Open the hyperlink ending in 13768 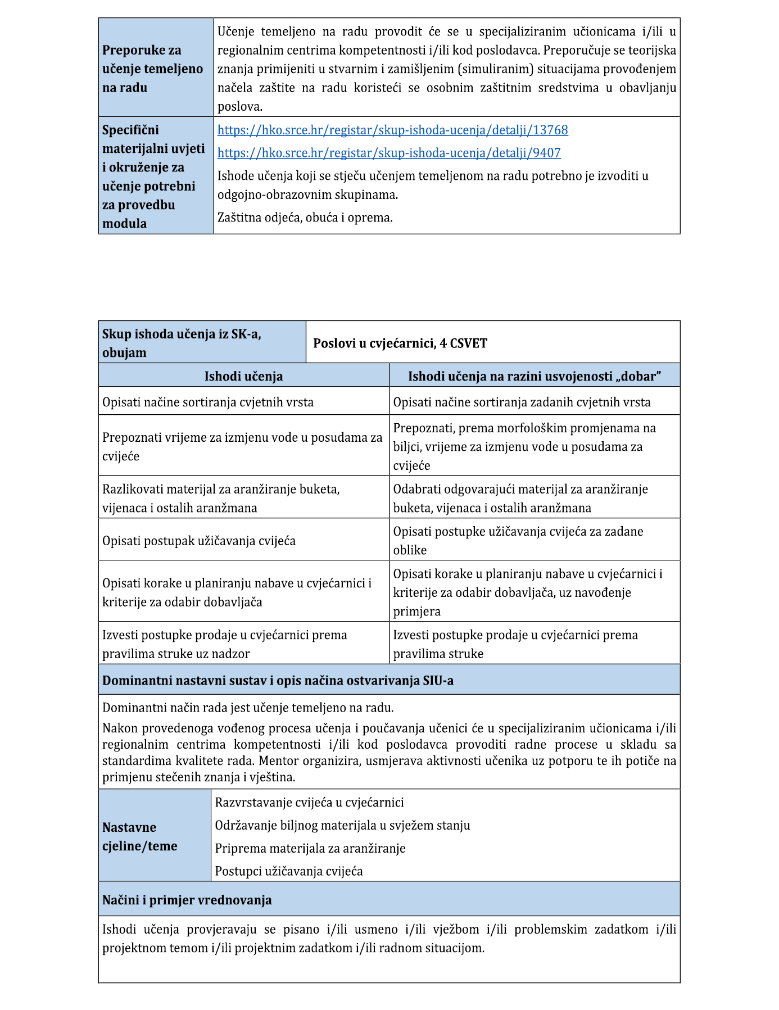coord(392,130)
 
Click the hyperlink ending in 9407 coord(389,153)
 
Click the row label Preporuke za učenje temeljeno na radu coord(152,69)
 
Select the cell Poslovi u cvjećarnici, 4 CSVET coord(400,343)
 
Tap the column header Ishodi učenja coord(243,376)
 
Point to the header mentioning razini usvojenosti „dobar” coord(534,376)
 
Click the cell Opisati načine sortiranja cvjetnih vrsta coord(208,402)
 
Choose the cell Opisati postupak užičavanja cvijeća coord(199,541)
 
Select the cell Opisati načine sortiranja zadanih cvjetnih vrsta coord(522,402)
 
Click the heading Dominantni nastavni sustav coord(278,681)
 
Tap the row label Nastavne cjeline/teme coord(139,836)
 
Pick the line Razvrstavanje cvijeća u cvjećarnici coord(309,803)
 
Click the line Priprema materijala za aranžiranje coord(310,848)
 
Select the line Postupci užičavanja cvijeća coord(289,871)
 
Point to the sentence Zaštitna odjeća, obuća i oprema coord(305,218)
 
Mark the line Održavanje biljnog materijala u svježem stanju coord(342,825)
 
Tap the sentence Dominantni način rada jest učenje coord(248,708)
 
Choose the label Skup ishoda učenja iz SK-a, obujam coord(182,343)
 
